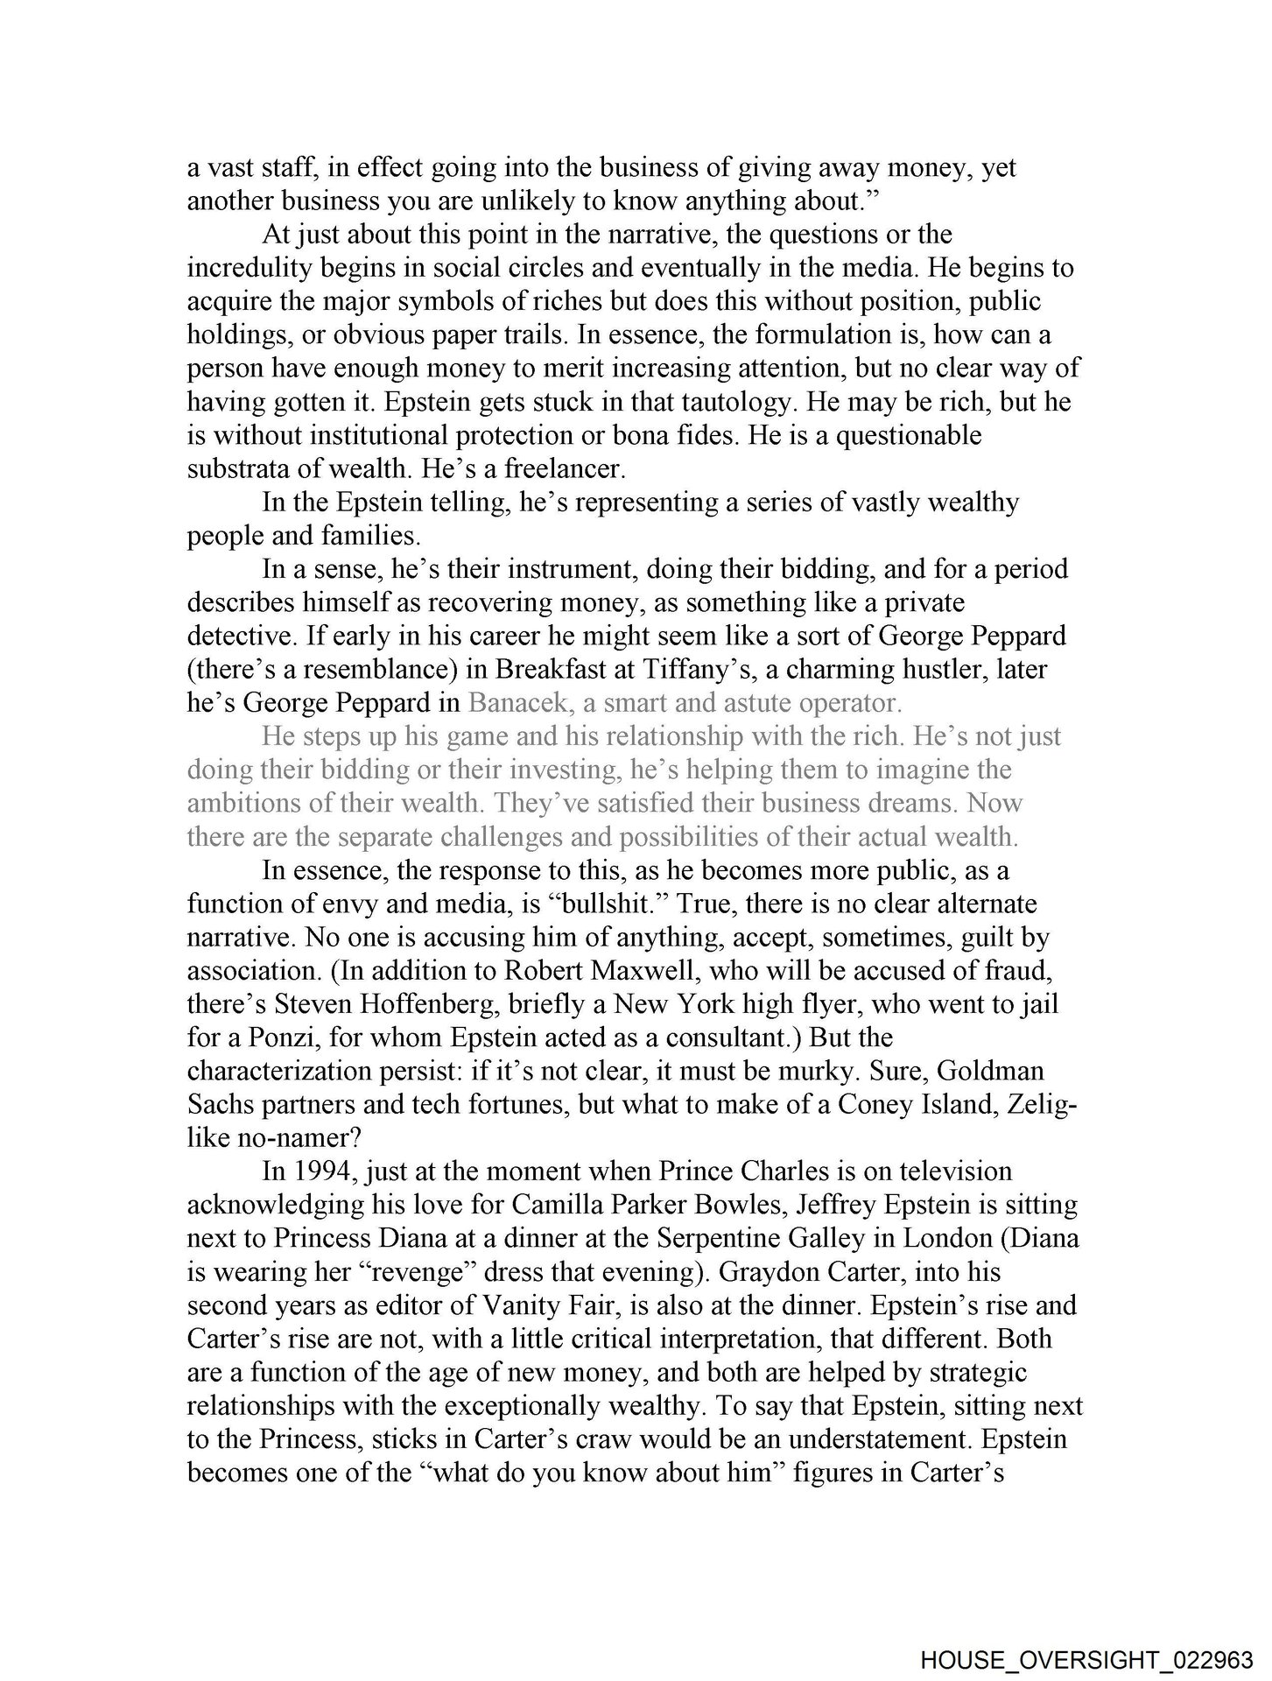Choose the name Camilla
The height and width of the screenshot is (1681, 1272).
click(562, 1206)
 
